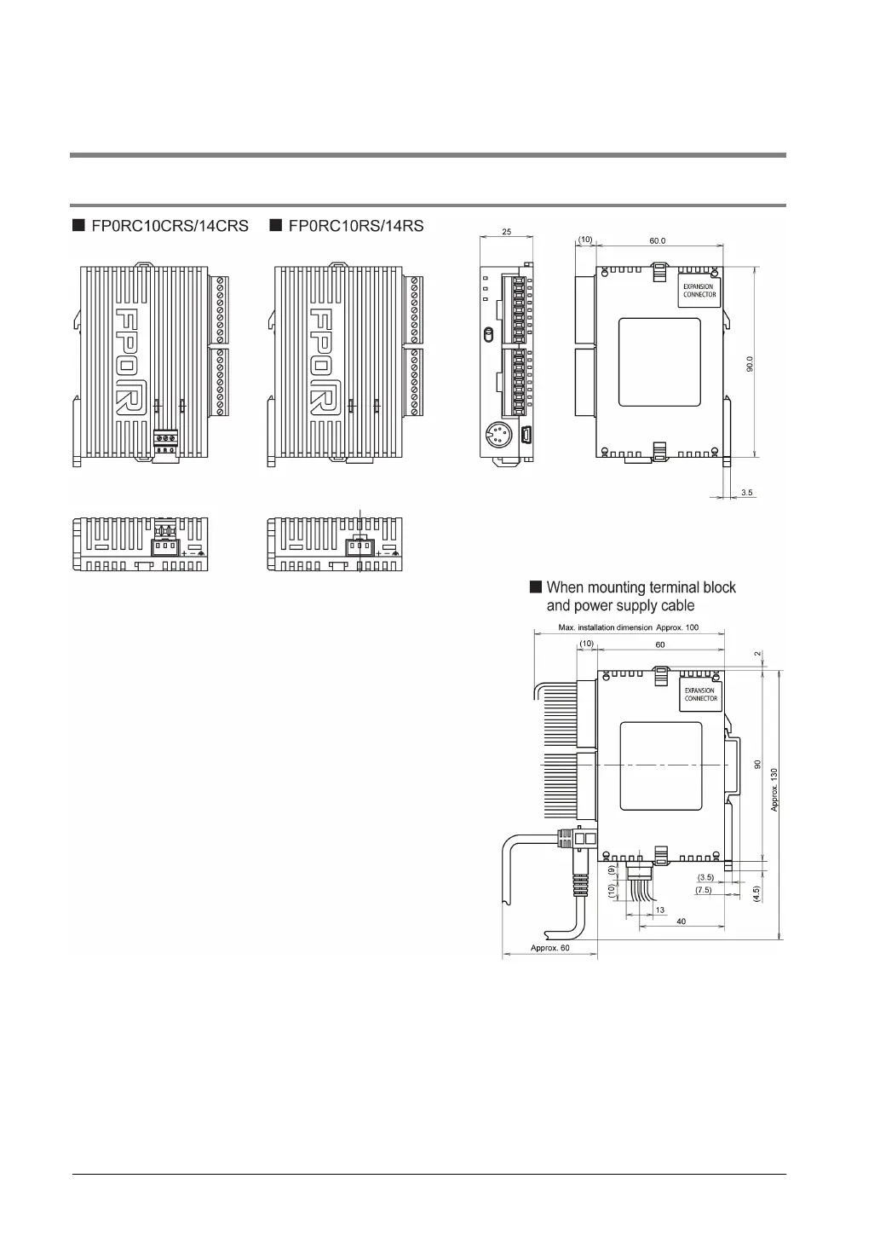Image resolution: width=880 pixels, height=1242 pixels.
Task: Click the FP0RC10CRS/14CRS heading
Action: (x=170, y=227)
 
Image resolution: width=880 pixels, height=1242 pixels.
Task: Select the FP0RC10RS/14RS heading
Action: (x=356, y=227)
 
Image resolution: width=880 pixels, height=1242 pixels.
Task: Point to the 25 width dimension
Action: (x=507, y=232)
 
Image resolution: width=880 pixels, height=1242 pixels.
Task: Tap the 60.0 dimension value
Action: (x=658, y=240)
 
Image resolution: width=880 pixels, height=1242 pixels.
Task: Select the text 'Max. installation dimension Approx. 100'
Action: (x=629, y=627)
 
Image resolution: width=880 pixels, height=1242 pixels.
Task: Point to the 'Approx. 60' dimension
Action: (x=549, y=948)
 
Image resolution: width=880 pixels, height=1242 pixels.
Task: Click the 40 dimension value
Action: (x=681, y=921)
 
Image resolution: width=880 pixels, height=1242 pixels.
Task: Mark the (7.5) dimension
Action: (x=704, y=890)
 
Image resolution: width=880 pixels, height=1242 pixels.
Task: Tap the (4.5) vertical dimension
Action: (x=756, y=893)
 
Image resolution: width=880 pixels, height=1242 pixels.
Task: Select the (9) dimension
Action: (x=612, y=871)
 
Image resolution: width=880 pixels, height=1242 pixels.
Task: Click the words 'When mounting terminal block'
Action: (x=641, y=587)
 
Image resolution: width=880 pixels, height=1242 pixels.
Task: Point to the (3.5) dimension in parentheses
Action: (x=705, y=877)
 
